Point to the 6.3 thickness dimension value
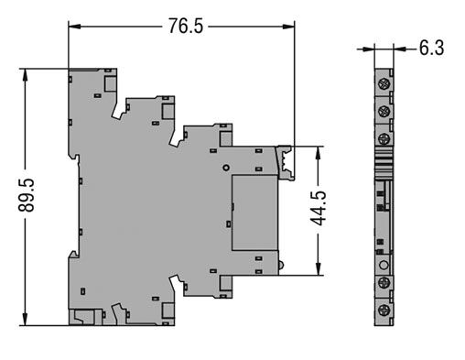coord(432,48)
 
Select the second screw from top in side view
coord(384,112)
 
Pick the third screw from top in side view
coord(384,138)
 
